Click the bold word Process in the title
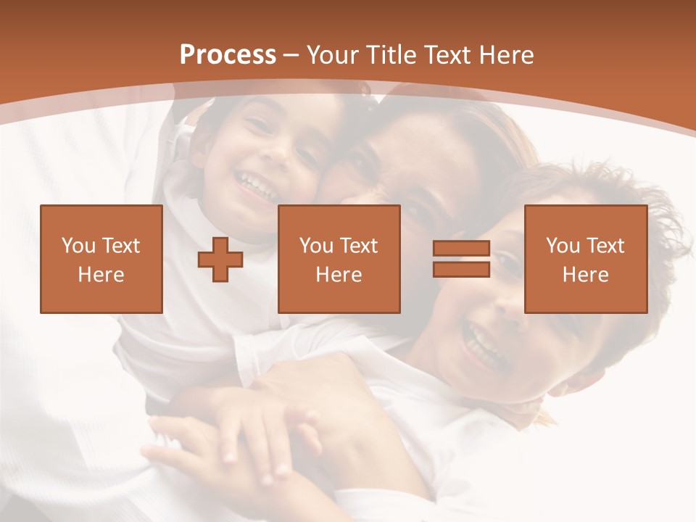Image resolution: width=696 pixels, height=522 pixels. coord(228,55)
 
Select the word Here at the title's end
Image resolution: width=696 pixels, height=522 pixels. coord(507,55)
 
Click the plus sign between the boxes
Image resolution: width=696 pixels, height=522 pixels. coord(220,260)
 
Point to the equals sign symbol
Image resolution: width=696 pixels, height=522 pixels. coord(461,259)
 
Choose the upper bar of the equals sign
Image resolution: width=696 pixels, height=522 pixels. coord(461,249)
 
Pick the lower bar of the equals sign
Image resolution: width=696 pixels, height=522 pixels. coord(461,269)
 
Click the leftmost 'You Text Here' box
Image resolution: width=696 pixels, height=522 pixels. coord(101,259)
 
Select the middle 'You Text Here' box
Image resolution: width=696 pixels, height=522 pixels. coord(339,259)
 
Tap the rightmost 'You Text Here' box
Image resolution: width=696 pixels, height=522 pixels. coord(585,259)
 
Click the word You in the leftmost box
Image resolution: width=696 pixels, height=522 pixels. coord(77,246)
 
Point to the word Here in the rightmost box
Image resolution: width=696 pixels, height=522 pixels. coord(585,275)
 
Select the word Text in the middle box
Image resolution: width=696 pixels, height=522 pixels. coord(358,246)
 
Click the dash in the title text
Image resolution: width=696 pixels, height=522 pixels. coord(291,55)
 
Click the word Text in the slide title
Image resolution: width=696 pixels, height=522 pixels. coord(448,55)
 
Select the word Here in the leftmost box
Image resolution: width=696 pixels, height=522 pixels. coord(101,275)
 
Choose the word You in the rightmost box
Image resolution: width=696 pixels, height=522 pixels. coord(561,246)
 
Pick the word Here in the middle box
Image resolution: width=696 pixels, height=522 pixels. coord(339,275)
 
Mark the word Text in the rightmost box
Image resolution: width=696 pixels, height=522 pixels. coord(605,246)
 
